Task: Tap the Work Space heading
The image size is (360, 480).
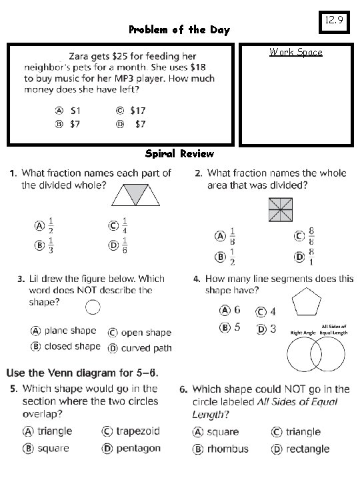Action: [x=295, y=52]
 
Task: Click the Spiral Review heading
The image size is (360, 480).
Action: [x=180, y=154]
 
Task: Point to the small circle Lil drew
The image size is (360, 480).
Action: [x=93, y=307]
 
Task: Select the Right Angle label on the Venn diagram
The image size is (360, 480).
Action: [x=302, y=331]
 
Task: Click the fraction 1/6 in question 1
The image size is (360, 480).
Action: [x=125, y=245]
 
